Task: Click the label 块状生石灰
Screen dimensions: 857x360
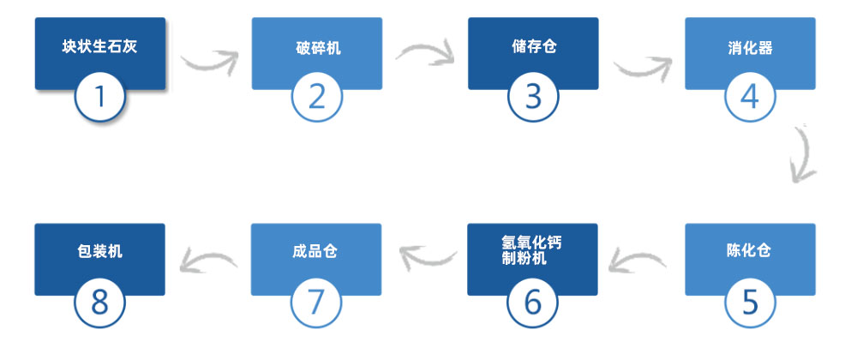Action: tap(99, 46)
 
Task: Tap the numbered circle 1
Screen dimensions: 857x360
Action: tap(100, 96)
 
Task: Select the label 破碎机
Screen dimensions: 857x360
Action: tap(318, 48)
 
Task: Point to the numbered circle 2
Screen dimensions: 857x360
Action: tap(317, 96)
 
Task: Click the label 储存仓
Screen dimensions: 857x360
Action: tap(534, 46)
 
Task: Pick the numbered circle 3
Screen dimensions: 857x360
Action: tap(533, 96)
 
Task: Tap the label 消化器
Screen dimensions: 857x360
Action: tap(751, 48)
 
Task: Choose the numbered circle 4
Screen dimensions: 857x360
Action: tap(750, 96)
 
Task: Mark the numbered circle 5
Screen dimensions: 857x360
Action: tap(750, 302)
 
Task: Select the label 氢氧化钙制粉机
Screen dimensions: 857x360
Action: tap(524, 250)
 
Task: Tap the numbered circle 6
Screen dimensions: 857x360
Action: tap(532, 302)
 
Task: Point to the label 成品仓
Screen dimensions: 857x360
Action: tap(315, 251)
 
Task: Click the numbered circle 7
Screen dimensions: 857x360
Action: tap(316, 302)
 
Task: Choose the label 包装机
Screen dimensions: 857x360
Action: tap(99, 251)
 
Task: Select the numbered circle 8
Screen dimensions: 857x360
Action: tap(100, 302)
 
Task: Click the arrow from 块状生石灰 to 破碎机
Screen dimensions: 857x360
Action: tap(211, 64)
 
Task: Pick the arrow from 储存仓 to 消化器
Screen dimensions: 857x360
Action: tap(644, 69)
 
